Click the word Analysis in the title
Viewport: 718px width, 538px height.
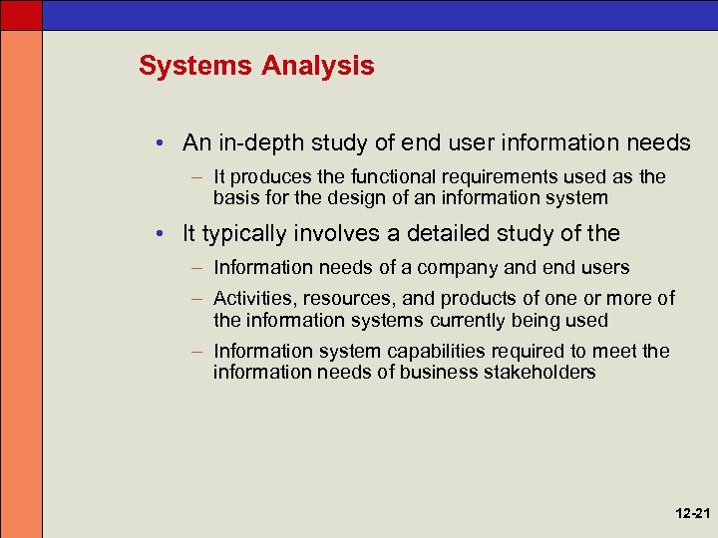pos(318,67)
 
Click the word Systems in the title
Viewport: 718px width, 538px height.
pos(196,67)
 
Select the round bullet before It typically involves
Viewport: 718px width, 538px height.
pos(162,235)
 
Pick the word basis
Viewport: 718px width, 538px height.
pos(236,197)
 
